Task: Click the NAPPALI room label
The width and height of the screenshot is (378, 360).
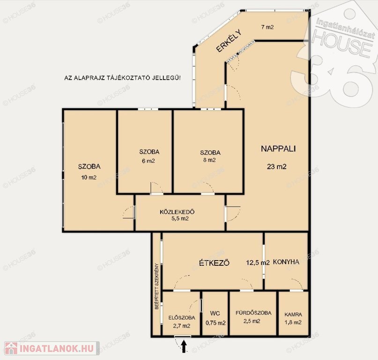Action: (278, 149)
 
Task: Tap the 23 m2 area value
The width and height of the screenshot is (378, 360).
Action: (276, 166)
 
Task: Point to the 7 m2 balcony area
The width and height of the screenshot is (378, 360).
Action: (267, 27)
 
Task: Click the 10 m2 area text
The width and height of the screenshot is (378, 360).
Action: (89, 178)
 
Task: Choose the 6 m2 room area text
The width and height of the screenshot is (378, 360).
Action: (148, 161)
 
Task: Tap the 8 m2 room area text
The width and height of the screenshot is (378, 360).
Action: (209, 160)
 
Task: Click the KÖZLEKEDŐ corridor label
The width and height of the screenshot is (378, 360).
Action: (177, 212)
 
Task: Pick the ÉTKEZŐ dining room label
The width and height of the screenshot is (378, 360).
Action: (214, 263)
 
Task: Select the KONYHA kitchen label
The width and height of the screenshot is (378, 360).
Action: (286, 262)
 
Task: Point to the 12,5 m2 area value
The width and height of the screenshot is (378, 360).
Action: (258, 262)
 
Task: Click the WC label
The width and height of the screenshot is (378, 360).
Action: (215, 314)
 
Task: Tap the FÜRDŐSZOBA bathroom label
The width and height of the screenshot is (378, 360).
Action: (253, 313)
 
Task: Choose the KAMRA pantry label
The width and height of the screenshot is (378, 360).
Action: (293, 315)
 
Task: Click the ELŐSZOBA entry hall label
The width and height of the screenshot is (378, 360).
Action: (182, 318)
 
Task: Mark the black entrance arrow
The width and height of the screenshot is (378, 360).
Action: (184, 346)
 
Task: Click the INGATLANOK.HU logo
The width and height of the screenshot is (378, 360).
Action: (52, 348)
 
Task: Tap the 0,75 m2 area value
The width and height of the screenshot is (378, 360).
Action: (215, 323)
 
